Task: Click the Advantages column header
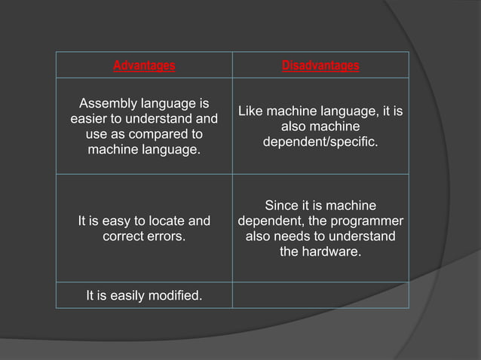point(144,66)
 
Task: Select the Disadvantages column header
point(320,66)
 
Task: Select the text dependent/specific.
point(320,142)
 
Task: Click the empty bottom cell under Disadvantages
point(320,295)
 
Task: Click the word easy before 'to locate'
point(115,221)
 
